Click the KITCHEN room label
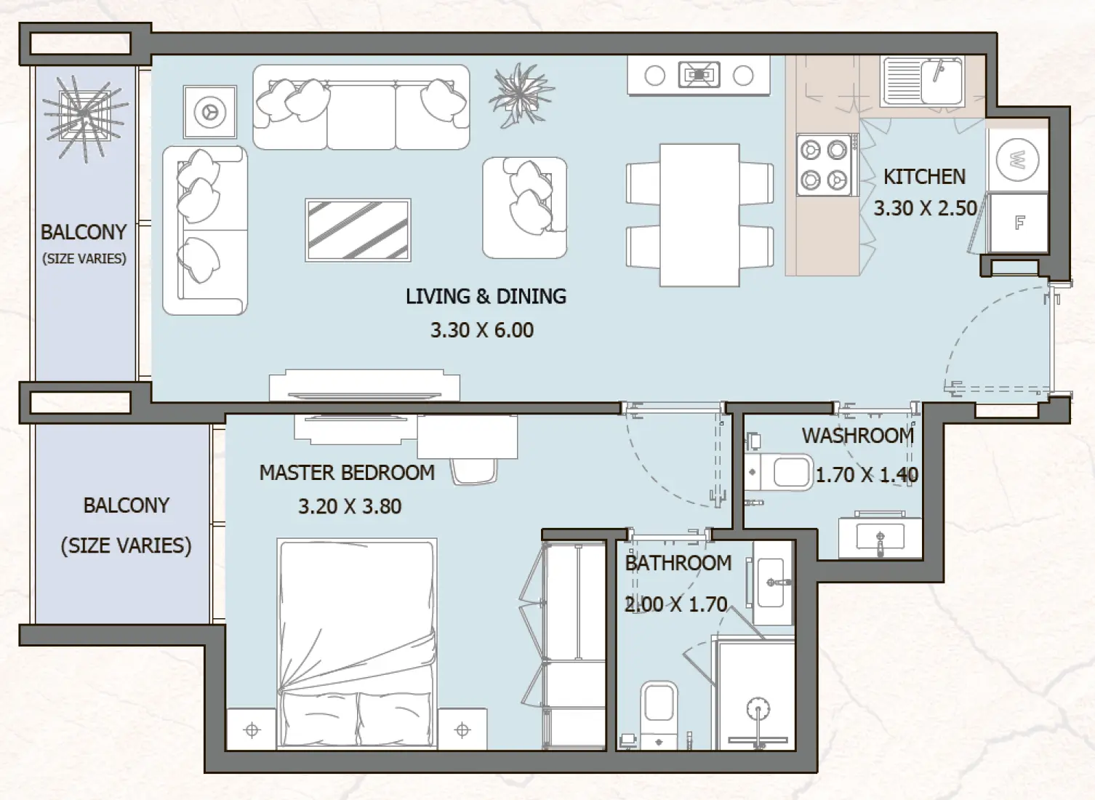924,177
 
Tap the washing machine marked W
1017,159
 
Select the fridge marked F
1019,223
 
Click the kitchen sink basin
922,81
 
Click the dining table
699,215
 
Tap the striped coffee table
358,230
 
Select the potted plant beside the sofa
521,95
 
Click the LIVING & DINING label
486,296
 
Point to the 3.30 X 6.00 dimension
482,330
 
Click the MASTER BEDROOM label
347,473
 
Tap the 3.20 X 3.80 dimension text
350,506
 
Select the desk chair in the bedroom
473,471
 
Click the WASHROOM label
858,436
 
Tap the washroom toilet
778,473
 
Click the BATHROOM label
678,563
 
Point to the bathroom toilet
659,714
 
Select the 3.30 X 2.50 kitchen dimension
926,208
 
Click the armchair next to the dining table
525,207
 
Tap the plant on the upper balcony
85,117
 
